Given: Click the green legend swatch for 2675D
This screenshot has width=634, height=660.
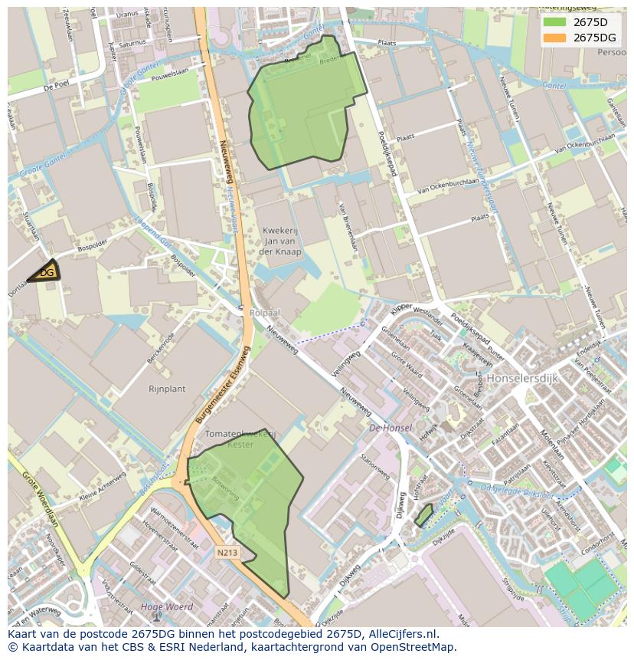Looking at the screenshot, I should [x=554, y=22].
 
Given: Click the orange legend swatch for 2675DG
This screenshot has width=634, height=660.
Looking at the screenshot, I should [x=554, y=38].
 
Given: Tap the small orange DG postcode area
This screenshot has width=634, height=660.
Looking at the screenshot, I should [x=46, y=272].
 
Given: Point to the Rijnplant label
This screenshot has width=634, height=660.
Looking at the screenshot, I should [x=167, y=389].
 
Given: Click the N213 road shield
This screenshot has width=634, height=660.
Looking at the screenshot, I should [x=227, y=552].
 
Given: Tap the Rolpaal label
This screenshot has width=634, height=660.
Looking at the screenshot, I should [x=265, y=314].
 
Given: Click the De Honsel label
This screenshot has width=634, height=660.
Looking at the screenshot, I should [x=391, y=428].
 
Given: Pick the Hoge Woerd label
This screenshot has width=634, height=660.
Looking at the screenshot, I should [x=158, y=607].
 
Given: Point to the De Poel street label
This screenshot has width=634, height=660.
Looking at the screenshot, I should [x=57, y=87].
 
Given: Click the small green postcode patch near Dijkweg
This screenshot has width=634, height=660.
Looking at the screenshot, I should [x=423, y=514].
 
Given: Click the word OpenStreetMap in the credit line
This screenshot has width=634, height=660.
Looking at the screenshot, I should [x=417, y=647].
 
